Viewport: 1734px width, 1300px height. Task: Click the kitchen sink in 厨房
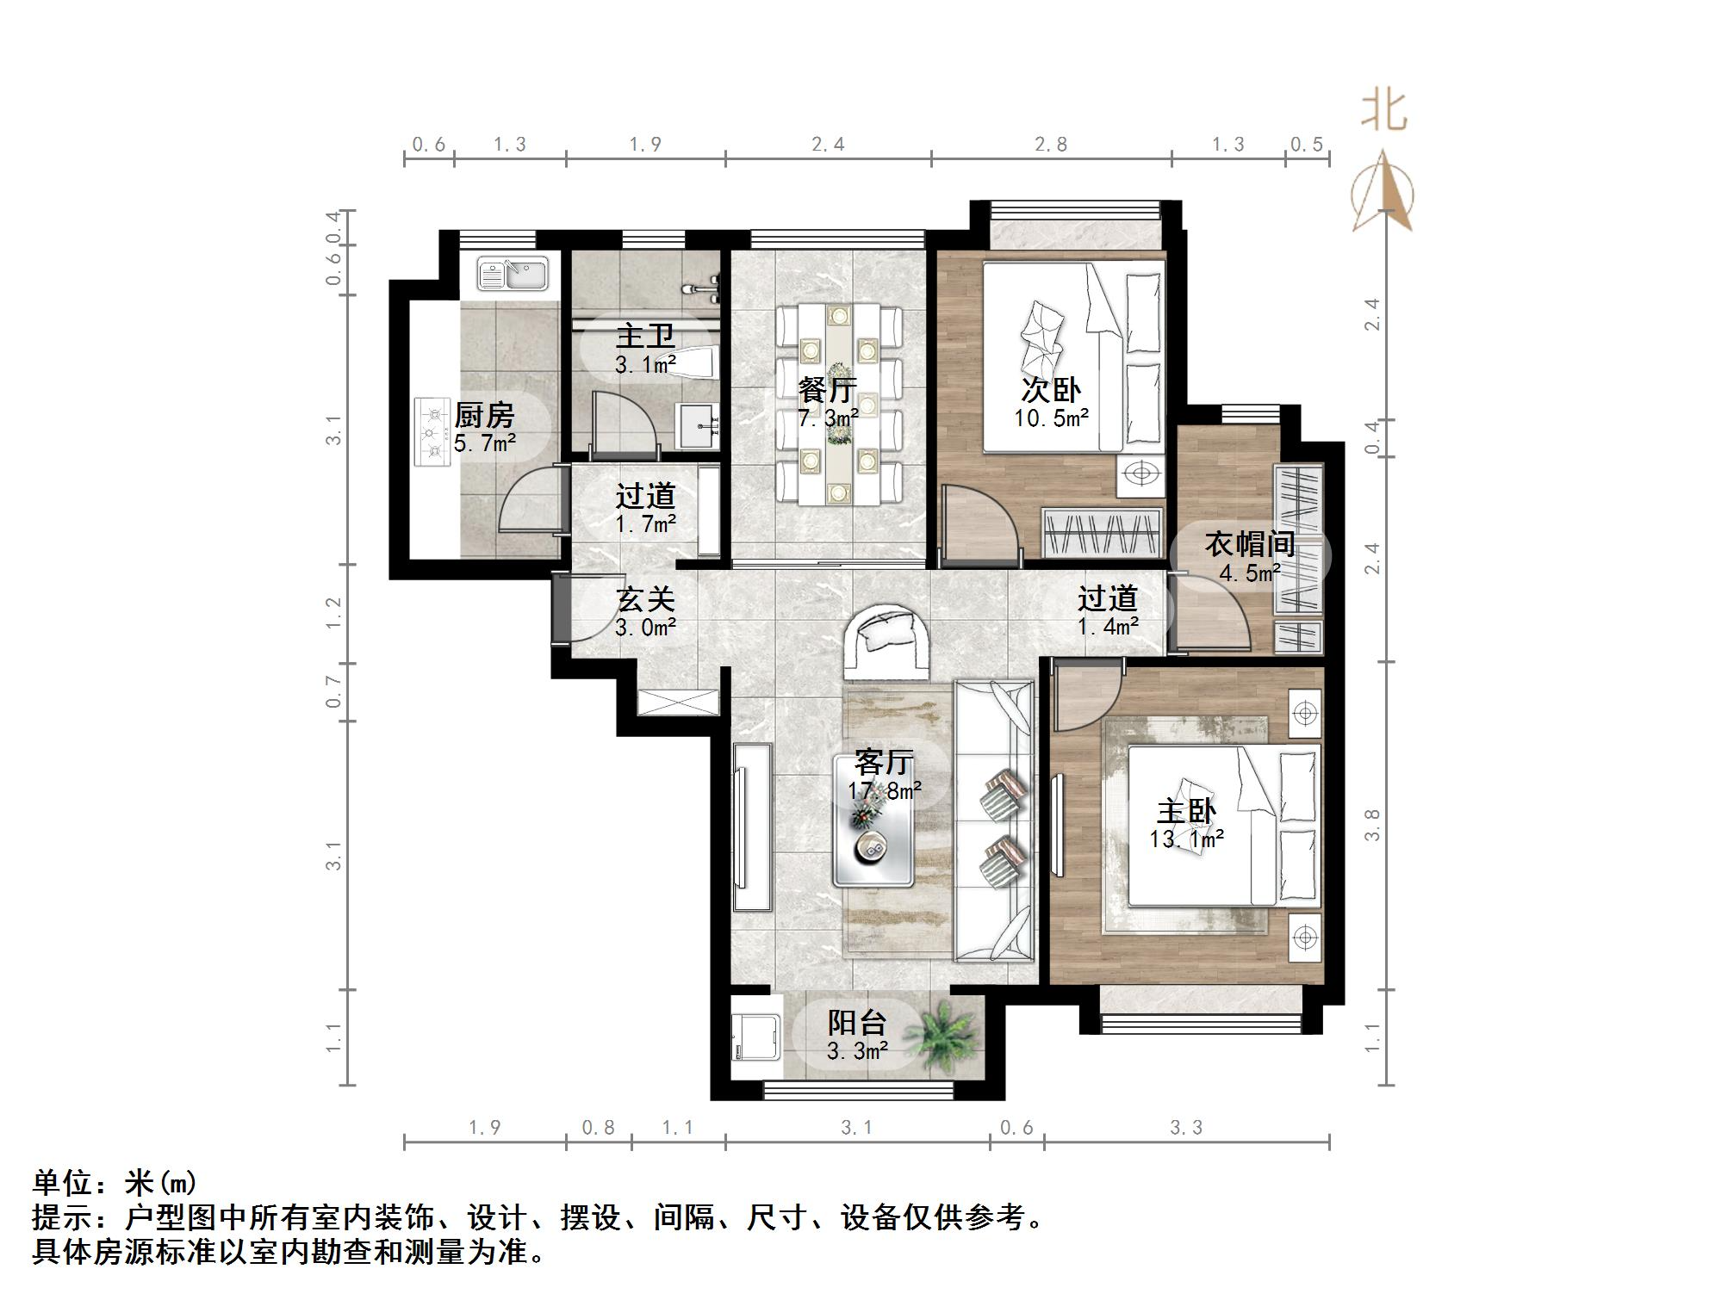tap(513, 274)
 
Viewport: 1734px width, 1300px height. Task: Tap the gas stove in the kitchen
tap(433, 431)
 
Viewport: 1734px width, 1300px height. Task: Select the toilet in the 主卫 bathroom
tap(693, 363)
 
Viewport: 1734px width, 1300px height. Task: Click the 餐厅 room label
tap(827, 391)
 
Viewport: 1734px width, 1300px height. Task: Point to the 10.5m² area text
tap(1051, 419)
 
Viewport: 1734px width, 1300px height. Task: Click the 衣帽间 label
tap(1249, 544)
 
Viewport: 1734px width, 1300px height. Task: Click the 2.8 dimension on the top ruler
tap(1050, 144)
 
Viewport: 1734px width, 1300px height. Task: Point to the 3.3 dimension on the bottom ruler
tap(1185, 1128)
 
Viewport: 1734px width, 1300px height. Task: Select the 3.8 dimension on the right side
tap(1372, 825)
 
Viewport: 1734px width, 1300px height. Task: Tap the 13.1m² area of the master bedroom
tap(1187, 839)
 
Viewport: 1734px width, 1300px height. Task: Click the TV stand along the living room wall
tap(752, 826)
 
